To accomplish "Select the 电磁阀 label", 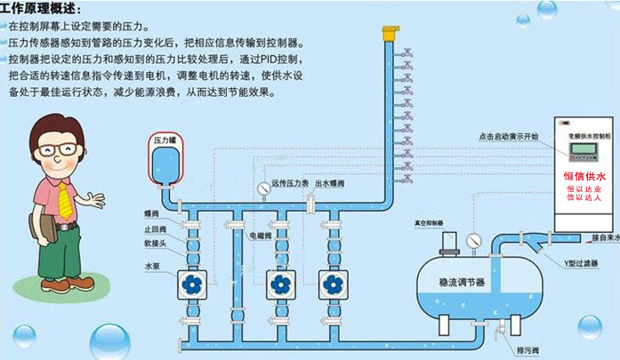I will click(x=258, y=236).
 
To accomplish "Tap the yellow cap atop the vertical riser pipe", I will click(x=388, y=34).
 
